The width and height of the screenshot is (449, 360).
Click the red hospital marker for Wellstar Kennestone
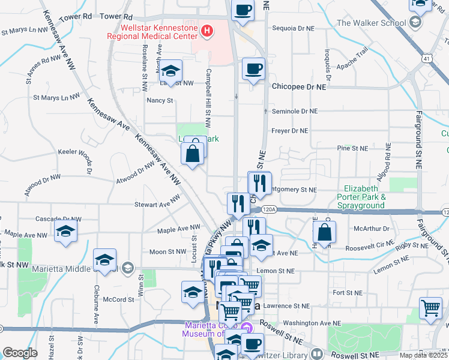point(207,30)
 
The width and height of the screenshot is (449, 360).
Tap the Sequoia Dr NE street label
point(294,28)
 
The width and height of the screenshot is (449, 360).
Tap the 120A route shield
point(269,209)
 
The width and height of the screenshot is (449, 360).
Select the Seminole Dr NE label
point(294,111)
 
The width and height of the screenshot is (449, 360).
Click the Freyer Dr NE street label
point(290,130)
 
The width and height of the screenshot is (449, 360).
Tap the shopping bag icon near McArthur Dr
point(324,232)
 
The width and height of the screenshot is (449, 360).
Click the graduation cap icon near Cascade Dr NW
point(65,231)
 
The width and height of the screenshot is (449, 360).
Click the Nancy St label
point(160,100)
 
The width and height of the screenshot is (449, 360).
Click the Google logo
point(20,353)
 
